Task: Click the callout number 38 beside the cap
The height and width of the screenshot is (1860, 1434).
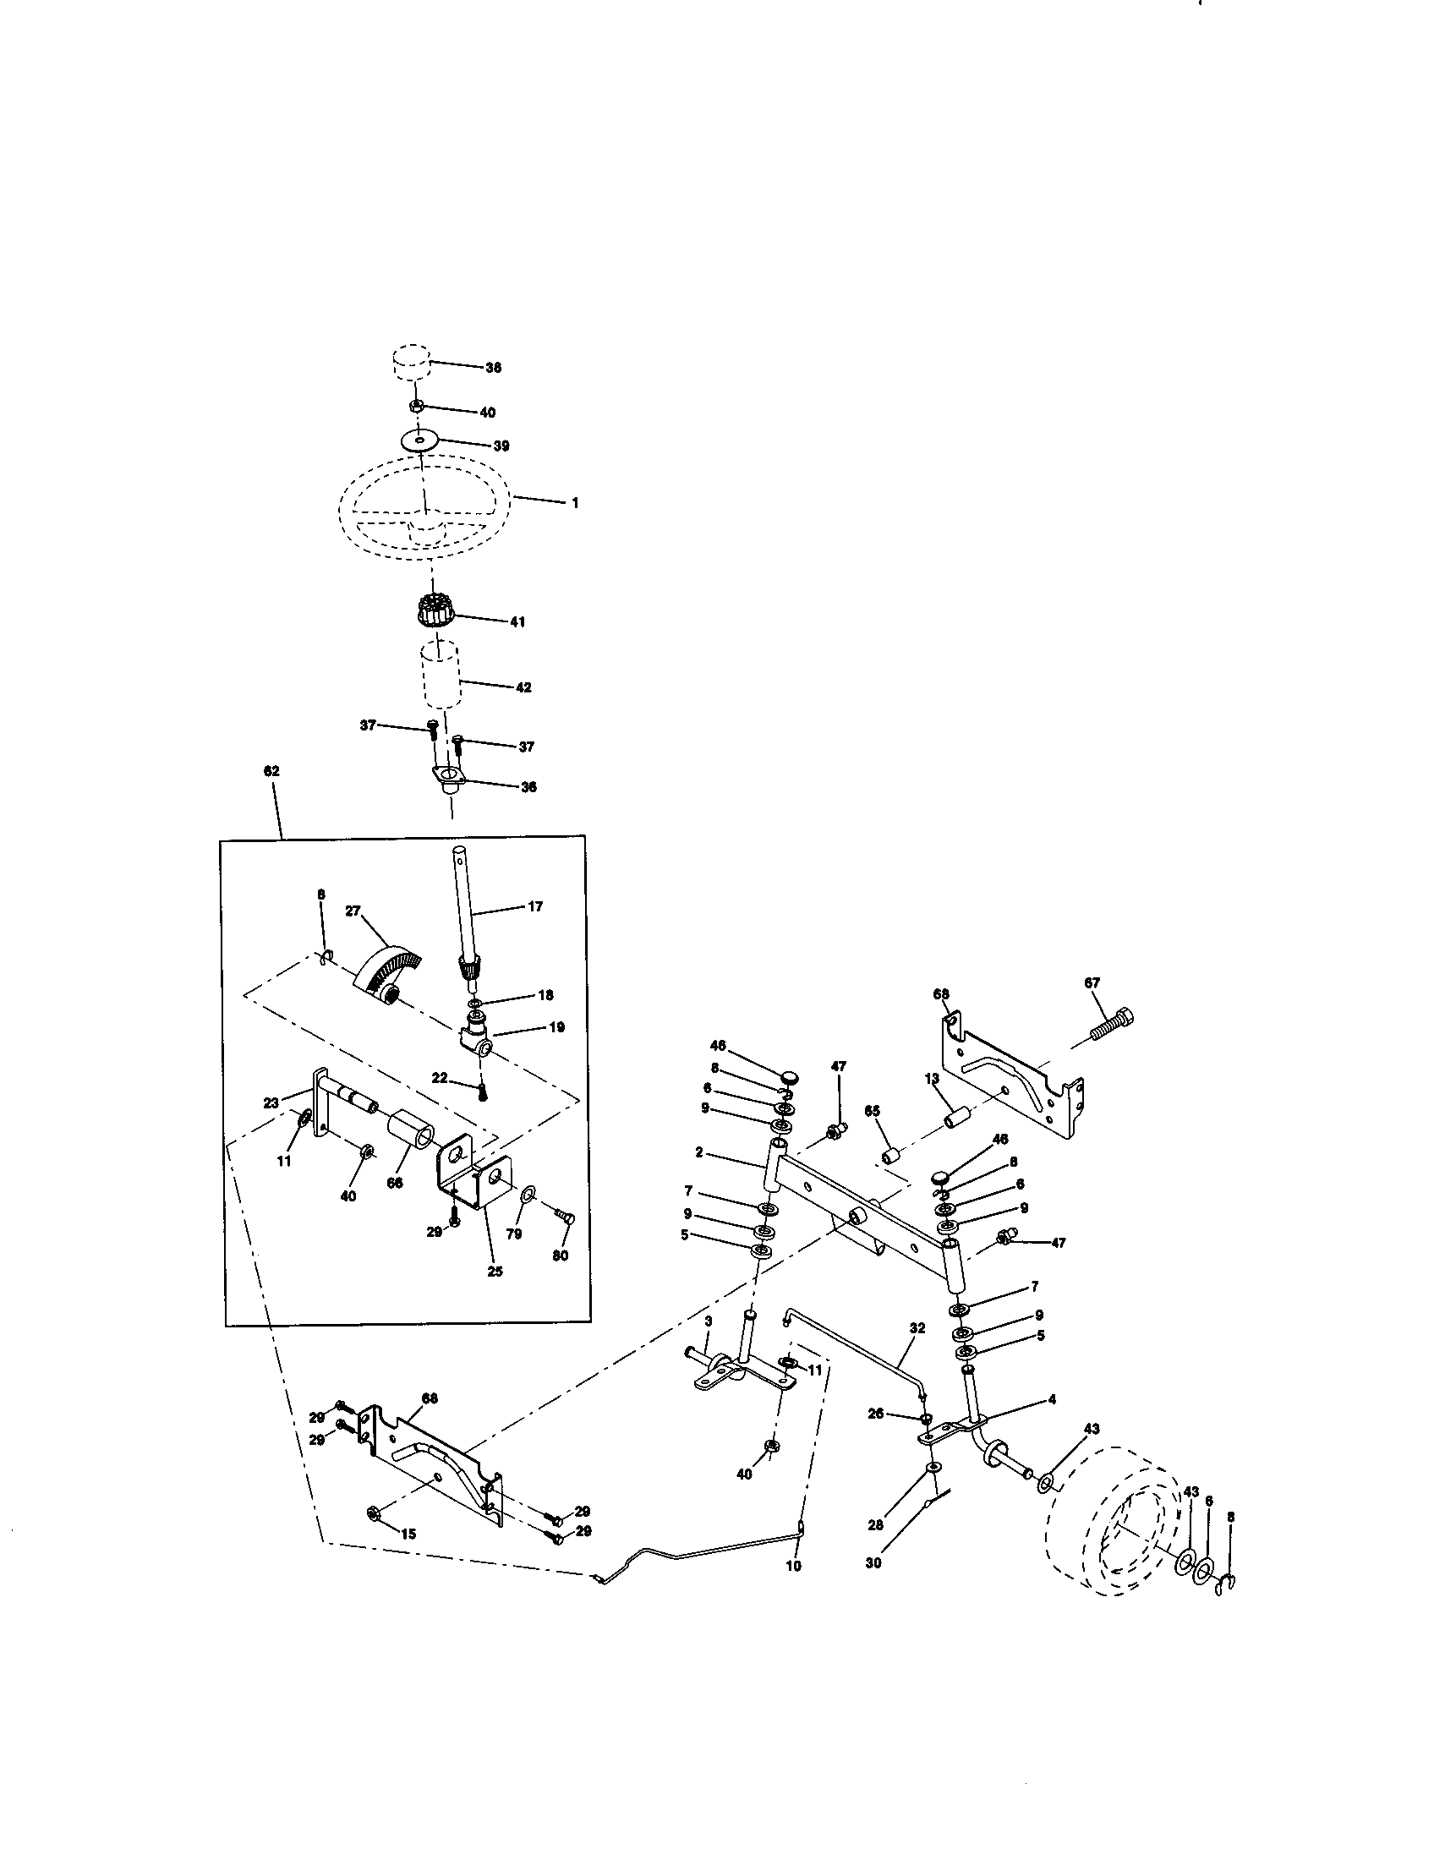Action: [493, 368]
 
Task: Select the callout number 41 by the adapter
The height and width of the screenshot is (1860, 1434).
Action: [517, 621]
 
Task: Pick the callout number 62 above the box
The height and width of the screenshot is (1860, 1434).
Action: [271, 771]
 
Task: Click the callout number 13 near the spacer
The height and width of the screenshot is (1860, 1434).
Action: [932, 1078]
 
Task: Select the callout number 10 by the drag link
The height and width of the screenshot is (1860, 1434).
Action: [793, 1565]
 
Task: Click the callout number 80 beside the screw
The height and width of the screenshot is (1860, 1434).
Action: [561, 1255]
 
